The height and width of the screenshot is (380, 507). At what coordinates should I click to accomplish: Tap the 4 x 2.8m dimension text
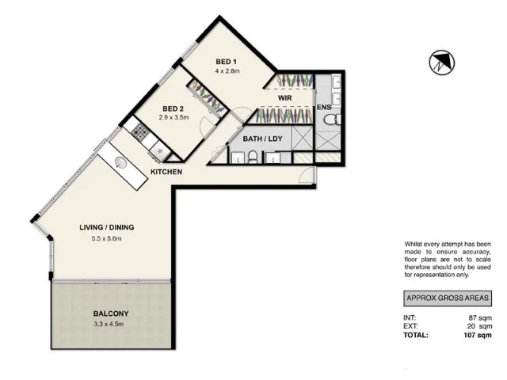click(x=227, y=71)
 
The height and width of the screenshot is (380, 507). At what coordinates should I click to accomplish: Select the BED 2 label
click(x=174, y=108)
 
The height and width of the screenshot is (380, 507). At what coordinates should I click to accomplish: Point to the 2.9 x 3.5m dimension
click(x=174, y=118)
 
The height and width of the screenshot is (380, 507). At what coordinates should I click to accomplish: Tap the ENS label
click(x=323, y=107)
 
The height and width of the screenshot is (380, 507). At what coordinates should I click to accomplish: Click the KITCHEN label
click(x=166, y=172)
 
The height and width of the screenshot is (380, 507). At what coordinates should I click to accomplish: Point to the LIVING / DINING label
click(x=106, y=228)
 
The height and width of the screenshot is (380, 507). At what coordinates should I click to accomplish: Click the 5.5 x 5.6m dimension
click(x=106, y=238)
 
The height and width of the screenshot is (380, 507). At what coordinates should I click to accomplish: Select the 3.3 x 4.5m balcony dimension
click(x=109, y=324)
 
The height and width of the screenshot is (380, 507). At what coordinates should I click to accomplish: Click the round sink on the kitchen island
click(x=121, y=163)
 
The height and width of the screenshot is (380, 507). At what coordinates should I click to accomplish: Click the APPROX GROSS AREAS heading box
click(x=448, y=298)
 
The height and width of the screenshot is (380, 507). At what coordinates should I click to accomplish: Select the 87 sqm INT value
click(x=481, y=317)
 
